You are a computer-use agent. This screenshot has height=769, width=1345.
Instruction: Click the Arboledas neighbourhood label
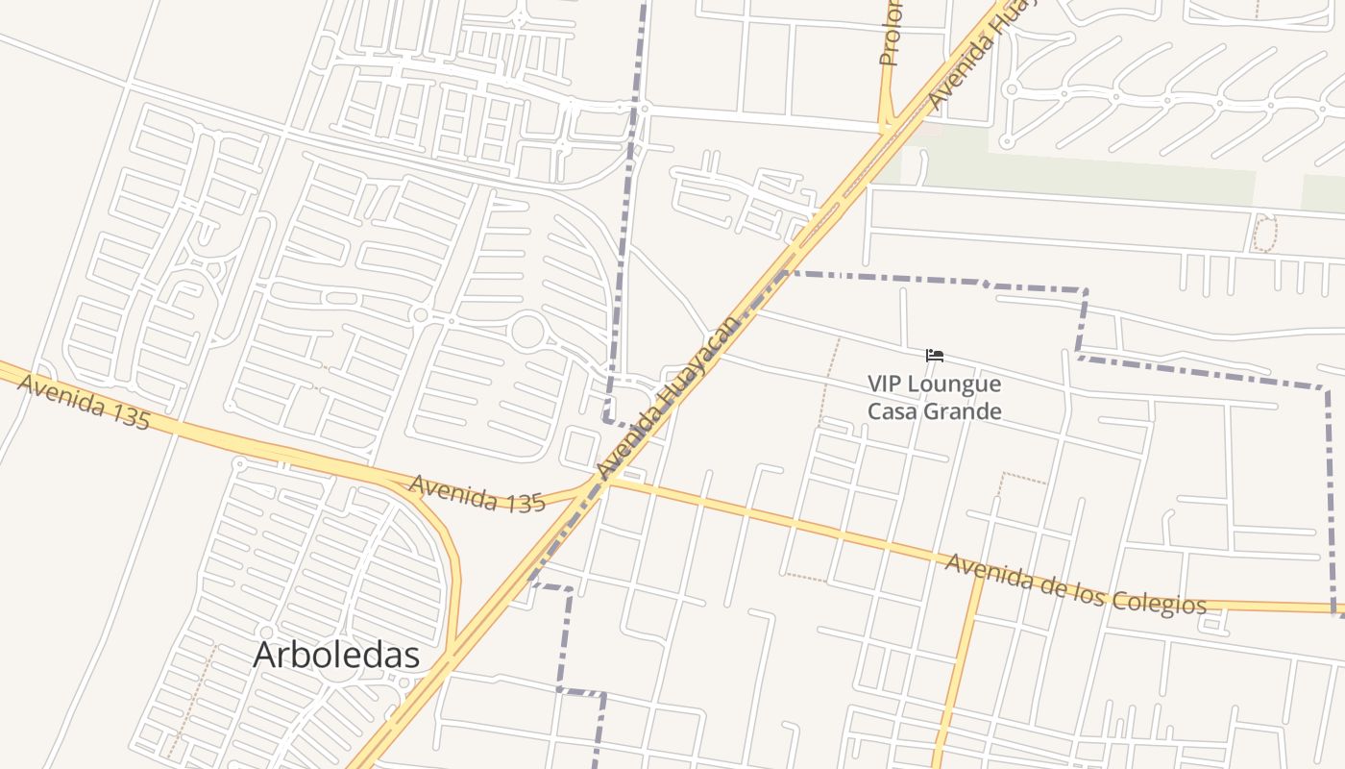336,655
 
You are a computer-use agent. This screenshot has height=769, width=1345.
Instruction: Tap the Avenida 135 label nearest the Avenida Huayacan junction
477,492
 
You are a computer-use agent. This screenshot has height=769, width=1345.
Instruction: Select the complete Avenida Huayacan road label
669,396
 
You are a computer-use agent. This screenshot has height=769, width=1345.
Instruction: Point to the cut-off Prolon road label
890,34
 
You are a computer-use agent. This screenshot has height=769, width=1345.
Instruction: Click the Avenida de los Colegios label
1075,583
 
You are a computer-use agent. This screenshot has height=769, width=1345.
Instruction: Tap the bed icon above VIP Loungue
934,356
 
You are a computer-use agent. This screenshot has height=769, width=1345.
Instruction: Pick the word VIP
888,384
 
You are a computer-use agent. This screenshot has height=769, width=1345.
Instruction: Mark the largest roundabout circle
527,333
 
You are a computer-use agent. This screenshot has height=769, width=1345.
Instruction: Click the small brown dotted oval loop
1265,234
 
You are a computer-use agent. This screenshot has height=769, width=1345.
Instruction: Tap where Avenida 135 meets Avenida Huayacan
601,481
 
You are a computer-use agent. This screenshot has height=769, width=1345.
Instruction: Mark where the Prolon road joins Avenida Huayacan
888,129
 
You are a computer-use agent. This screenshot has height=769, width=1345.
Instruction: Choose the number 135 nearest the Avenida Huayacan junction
525,501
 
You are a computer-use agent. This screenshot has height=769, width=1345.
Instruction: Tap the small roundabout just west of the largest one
420,314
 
